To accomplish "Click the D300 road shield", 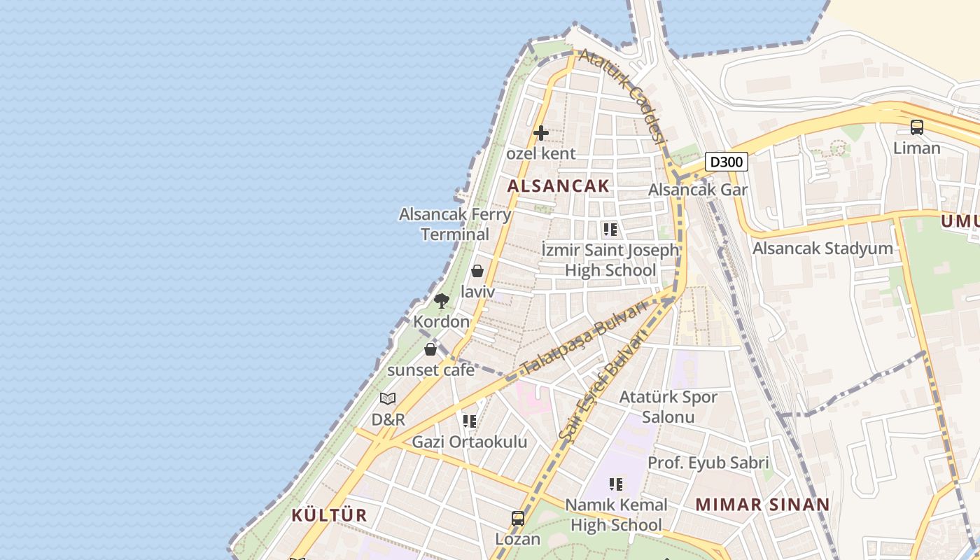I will [726, 162].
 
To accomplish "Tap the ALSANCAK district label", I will [559, 186].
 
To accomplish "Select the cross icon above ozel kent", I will [540, 132].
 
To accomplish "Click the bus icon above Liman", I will [916, 127].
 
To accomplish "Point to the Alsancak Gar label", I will [698, 190].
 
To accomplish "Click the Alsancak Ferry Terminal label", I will [455, 224].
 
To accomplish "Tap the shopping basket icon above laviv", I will [477, 271].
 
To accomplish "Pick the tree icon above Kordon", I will [441, 301].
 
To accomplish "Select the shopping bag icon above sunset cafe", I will [430, 349].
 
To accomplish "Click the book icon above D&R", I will [388, 399].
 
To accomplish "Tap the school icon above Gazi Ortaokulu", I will [469, 421].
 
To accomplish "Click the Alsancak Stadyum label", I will [822, 248].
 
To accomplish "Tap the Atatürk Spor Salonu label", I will [668, 407].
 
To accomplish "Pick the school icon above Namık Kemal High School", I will [615, 484].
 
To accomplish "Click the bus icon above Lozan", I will [518, 519].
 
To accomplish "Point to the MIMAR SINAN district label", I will [762, 505].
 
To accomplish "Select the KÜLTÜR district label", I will [329, 516].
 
